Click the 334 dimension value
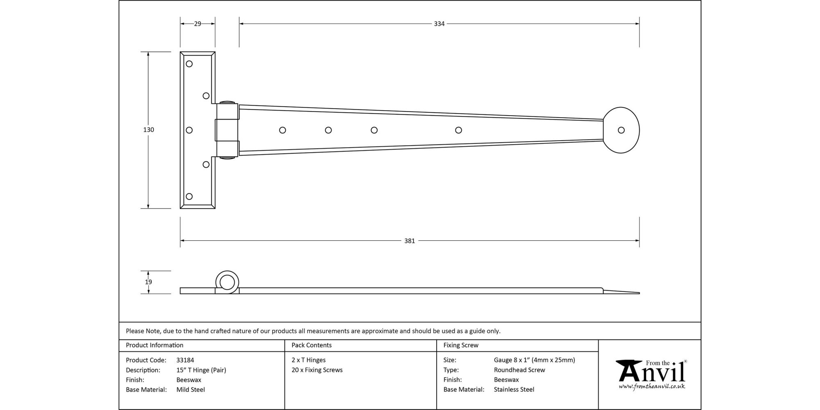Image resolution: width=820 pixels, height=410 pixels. click(x=439, y=24)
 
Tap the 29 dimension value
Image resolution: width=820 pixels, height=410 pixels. click(x=198, y=24)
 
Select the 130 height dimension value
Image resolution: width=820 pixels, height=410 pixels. click(x=148, y=130)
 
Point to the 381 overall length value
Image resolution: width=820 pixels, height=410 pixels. click(x=410, y=241)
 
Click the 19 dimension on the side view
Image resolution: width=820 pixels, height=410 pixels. click(x=148, y=282)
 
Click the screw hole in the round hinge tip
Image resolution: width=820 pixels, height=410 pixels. click(x=621, y=130)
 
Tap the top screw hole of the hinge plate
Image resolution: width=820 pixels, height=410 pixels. click(x=189, y=64)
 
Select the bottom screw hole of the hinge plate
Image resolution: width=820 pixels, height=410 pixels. click(x=189, y=196)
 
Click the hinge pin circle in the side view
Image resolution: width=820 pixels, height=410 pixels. click(x=227, y=282)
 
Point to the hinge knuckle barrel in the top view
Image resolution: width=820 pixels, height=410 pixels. click(x=227, y=130)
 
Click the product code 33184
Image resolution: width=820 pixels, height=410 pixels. click(x=185, y=360)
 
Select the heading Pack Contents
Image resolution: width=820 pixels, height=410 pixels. click(x=312, y=345)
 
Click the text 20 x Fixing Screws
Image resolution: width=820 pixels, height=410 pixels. click(x=317, y=370)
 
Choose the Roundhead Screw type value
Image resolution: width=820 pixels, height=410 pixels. click(x=519, y=370)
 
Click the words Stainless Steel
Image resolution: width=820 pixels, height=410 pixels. click(x=514, y=389)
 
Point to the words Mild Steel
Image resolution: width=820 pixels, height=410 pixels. click(x=191, y=389)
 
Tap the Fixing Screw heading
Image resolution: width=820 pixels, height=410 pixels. click(x=461, y=345)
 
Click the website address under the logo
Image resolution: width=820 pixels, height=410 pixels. click(x=652, y=386)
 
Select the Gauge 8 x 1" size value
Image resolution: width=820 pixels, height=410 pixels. click(x=534, y=360)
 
